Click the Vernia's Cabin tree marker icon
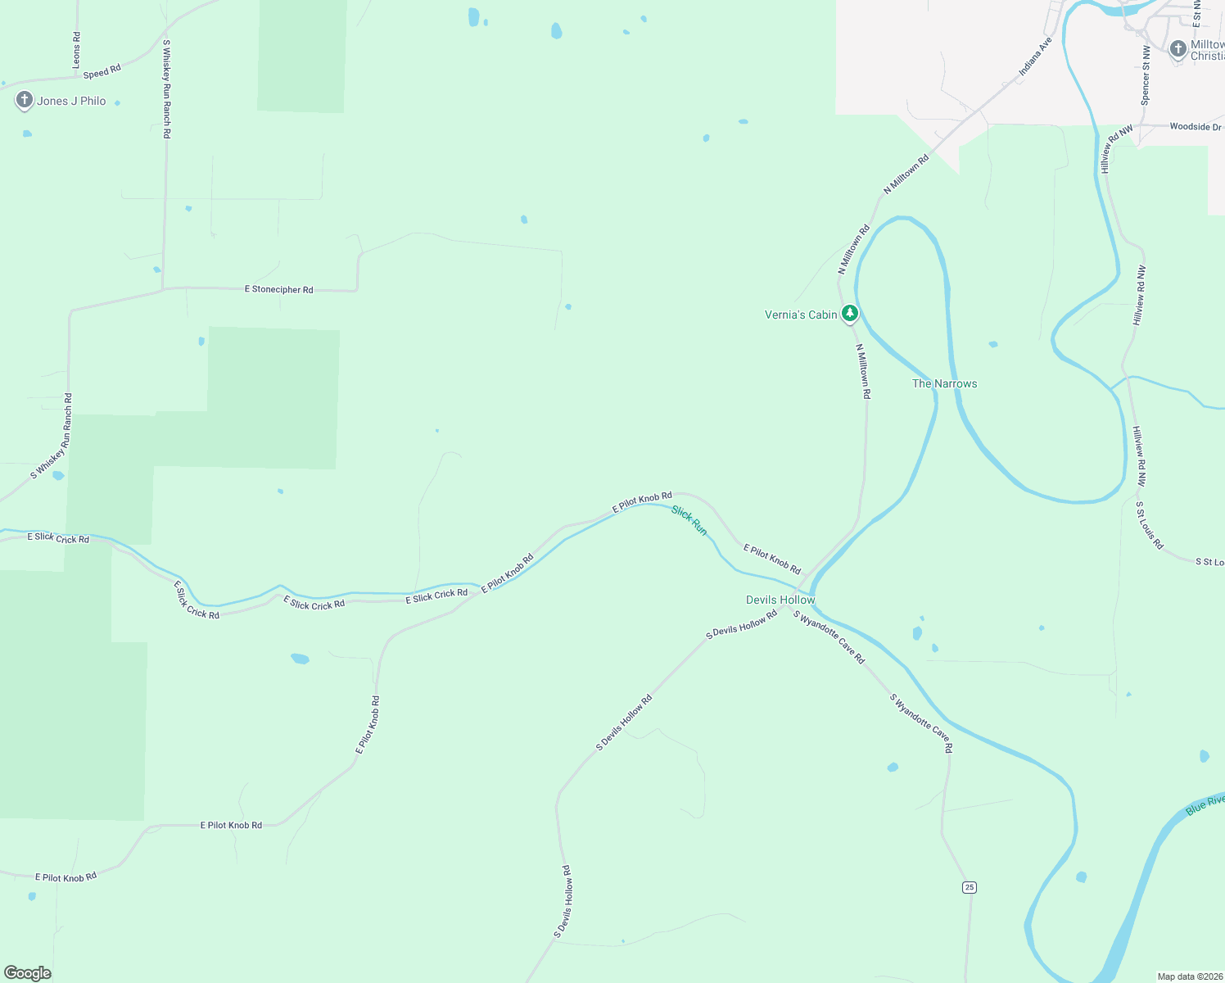click(850, 313)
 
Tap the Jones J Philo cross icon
click(24, 100)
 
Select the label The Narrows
click(944, 383)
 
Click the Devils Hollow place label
click(780, 600)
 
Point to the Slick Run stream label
click(689, 520)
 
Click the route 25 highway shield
click(970, 887)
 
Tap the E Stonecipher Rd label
click(278, 289)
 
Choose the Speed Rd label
click(102, 71)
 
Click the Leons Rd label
click(76, 50)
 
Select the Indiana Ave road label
click(1035, 57)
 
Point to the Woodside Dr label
click(1195, 127)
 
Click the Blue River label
click(1205, 804)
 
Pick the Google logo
click(28, 973)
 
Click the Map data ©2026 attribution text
click(1189, 976)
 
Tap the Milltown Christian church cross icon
click(1178, 49)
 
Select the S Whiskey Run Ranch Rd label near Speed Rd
click(166, 88)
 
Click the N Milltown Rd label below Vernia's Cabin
click(863, 371)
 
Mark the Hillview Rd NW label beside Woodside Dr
click(1115, 148)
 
